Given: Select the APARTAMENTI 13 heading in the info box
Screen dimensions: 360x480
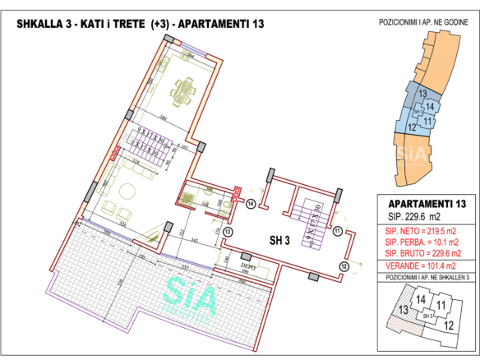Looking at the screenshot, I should [x=419, y=203].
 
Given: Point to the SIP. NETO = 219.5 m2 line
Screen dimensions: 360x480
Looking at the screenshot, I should [x=419, y=233].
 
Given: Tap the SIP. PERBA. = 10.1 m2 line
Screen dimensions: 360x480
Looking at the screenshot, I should [x=419, y=243].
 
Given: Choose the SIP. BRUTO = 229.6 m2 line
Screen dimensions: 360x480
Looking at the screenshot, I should [x=419, y=254].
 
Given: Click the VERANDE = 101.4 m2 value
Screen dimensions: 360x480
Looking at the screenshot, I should [x=419, y=265].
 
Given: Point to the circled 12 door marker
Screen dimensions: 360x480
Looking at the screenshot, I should [x=344, y=266].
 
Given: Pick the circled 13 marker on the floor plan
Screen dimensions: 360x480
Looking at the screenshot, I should [x=228, y=232].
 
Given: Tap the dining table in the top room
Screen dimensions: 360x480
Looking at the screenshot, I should [x=182, y=87].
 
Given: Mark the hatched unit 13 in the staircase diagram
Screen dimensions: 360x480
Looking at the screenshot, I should [x=404, y=311].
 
